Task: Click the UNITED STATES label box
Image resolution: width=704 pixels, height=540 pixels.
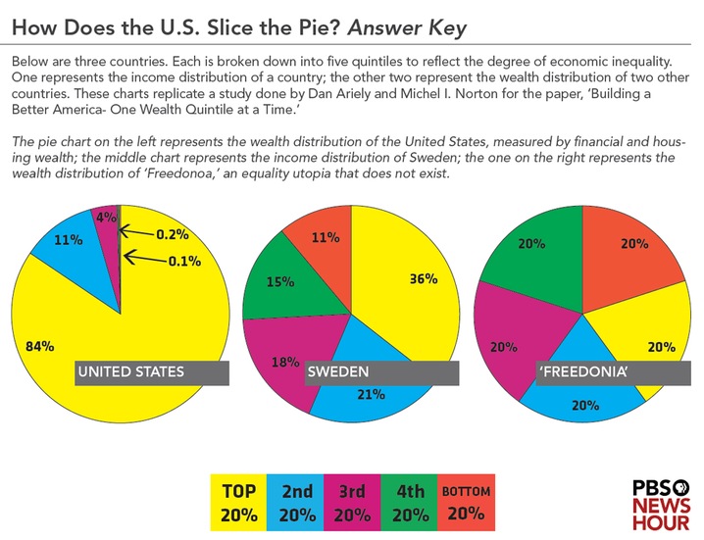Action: pos(152,372)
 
